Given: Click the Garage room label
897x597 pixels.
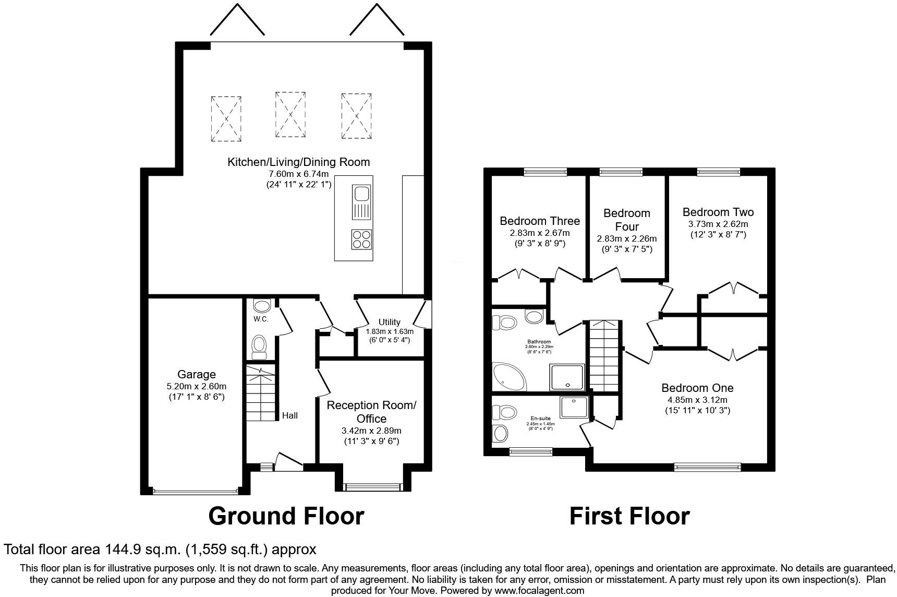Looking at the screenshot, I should (x=196, y=374).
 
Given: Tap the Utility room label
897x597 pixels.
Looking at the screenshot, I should (x=389, y=322).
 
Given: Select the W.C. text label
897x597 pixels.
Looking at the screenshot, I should (x=261, y=319).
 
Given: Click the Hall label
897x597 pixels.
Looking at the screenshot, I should (x=290, y=415).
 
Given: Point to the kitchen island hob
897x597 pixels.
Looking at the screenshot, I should (x=361, y=240).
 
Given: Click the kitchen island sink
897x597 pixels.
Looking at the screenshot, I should (x=361, y=194).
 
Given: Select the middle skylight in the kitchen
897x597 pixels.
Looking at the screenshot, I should (x=290, y=114).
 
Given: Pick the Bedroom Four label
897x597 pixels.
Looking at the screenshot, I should (x=626, y=220).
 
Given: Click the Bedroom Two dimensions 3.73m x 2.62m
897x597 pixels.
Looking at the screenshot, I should (x=718, y=224).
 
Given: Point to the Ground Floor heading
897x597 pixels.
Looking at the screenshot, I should (x=286, y=516).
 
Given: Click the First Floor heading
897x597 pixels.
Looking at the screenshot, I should (x=629, y=516).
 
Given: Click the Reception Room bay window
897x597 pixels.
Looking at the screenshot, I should (x=373, y=487).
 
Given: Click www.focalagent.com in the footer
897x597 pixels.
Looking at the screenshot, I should (x=539, y=591).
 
